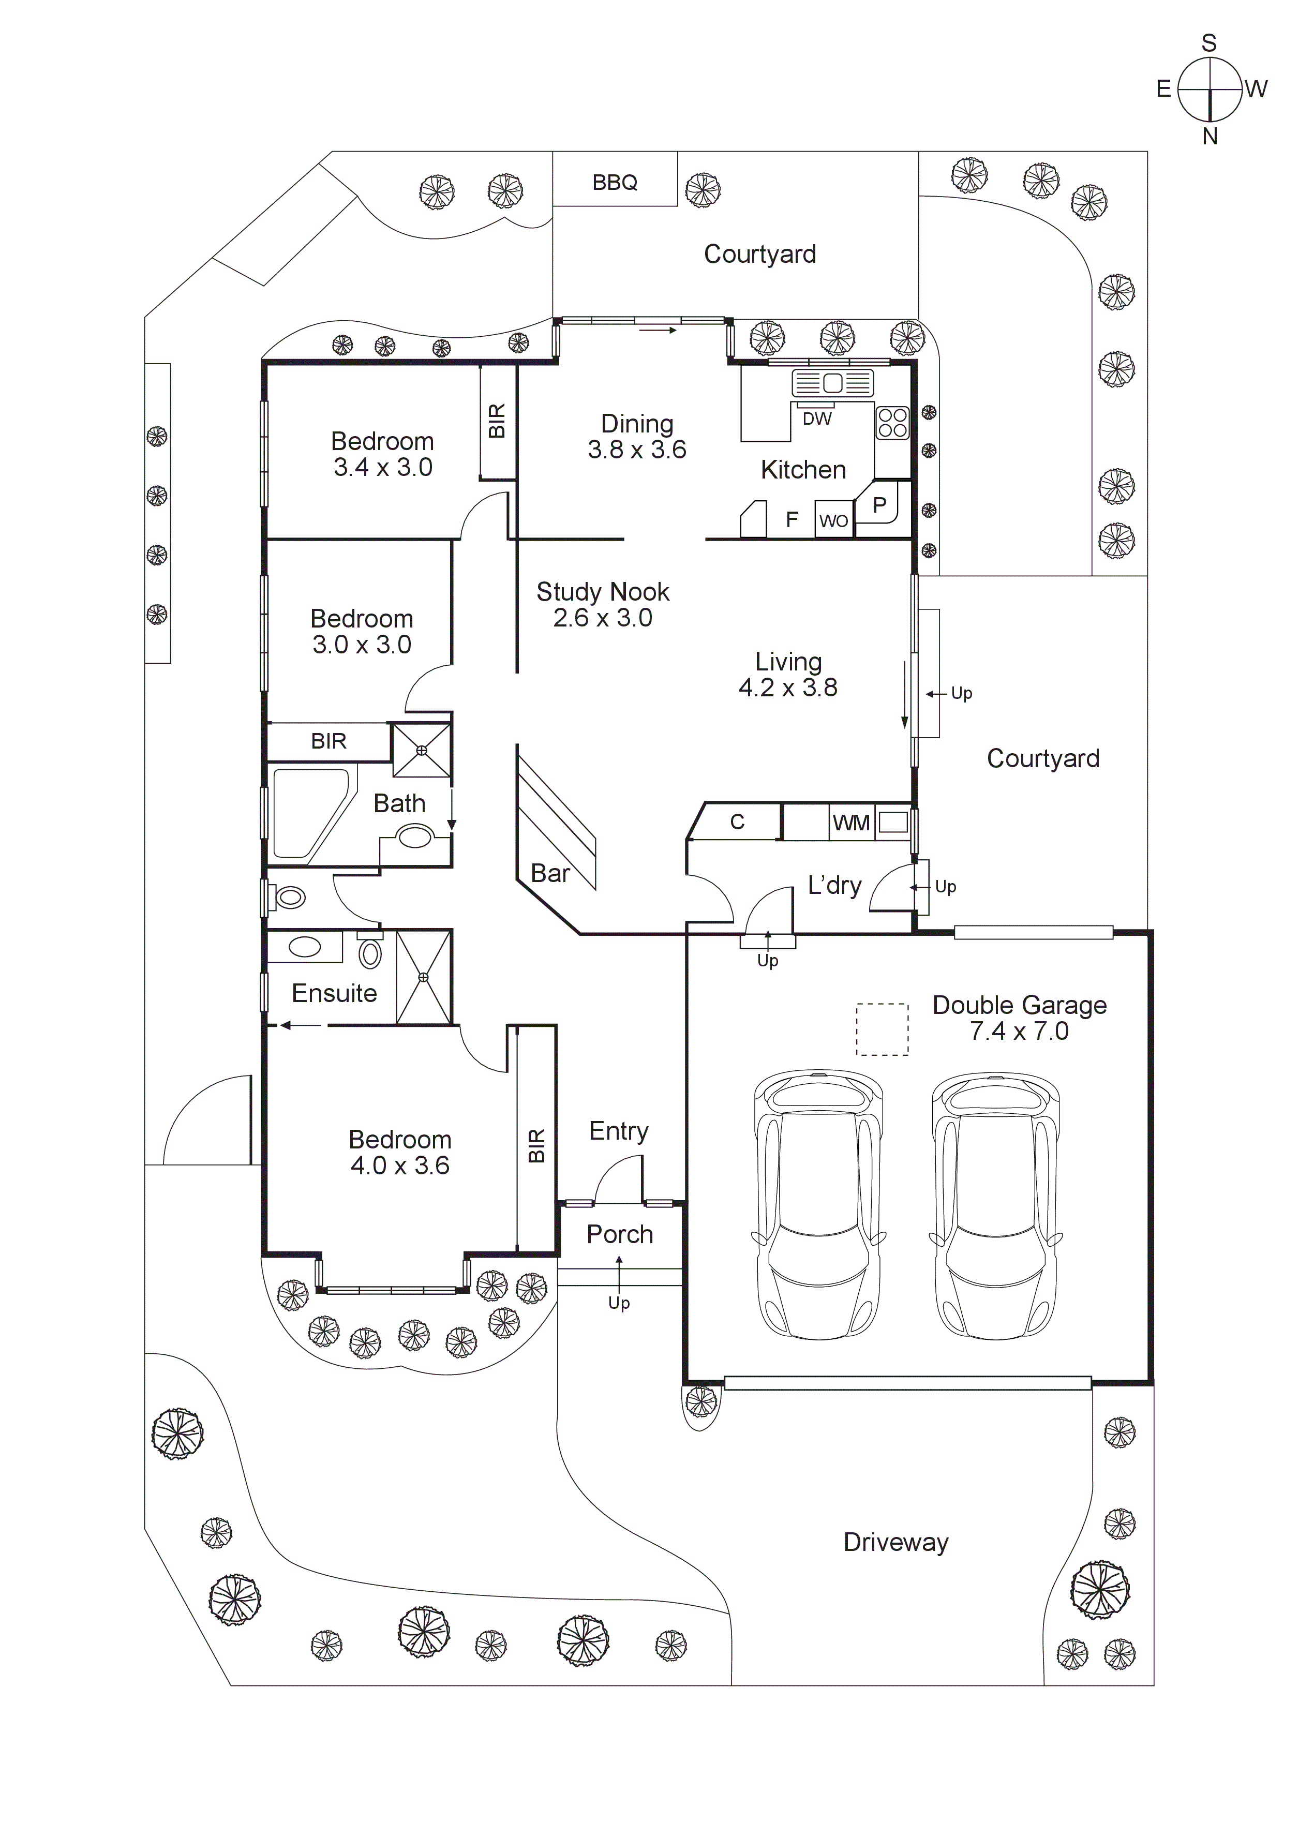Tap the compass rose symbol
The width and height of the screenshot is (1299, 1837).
coord(1210,89)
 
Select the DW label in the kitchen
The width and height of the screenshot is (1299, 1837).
coord(817,419)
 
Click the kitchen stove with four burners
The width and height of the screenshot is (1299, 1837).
coord(892,423)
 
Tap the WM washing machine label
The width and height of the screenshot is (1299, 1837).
coord(850,823)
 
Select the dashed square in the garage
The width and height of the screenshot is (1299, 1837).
coord(882,1029)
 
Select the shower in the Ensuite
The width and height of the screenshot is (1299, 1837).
coord(424,977)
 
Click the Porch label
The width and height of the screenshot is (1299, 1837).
coord(619,1234)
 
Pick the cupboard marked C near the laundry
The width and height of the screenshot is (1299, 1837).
coord(737,822)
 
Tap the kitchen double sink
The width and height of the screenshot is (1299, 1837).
coord(832,383)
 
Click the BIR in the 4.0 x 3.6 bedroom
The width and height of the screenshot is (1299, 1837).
coord(536,1145)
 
